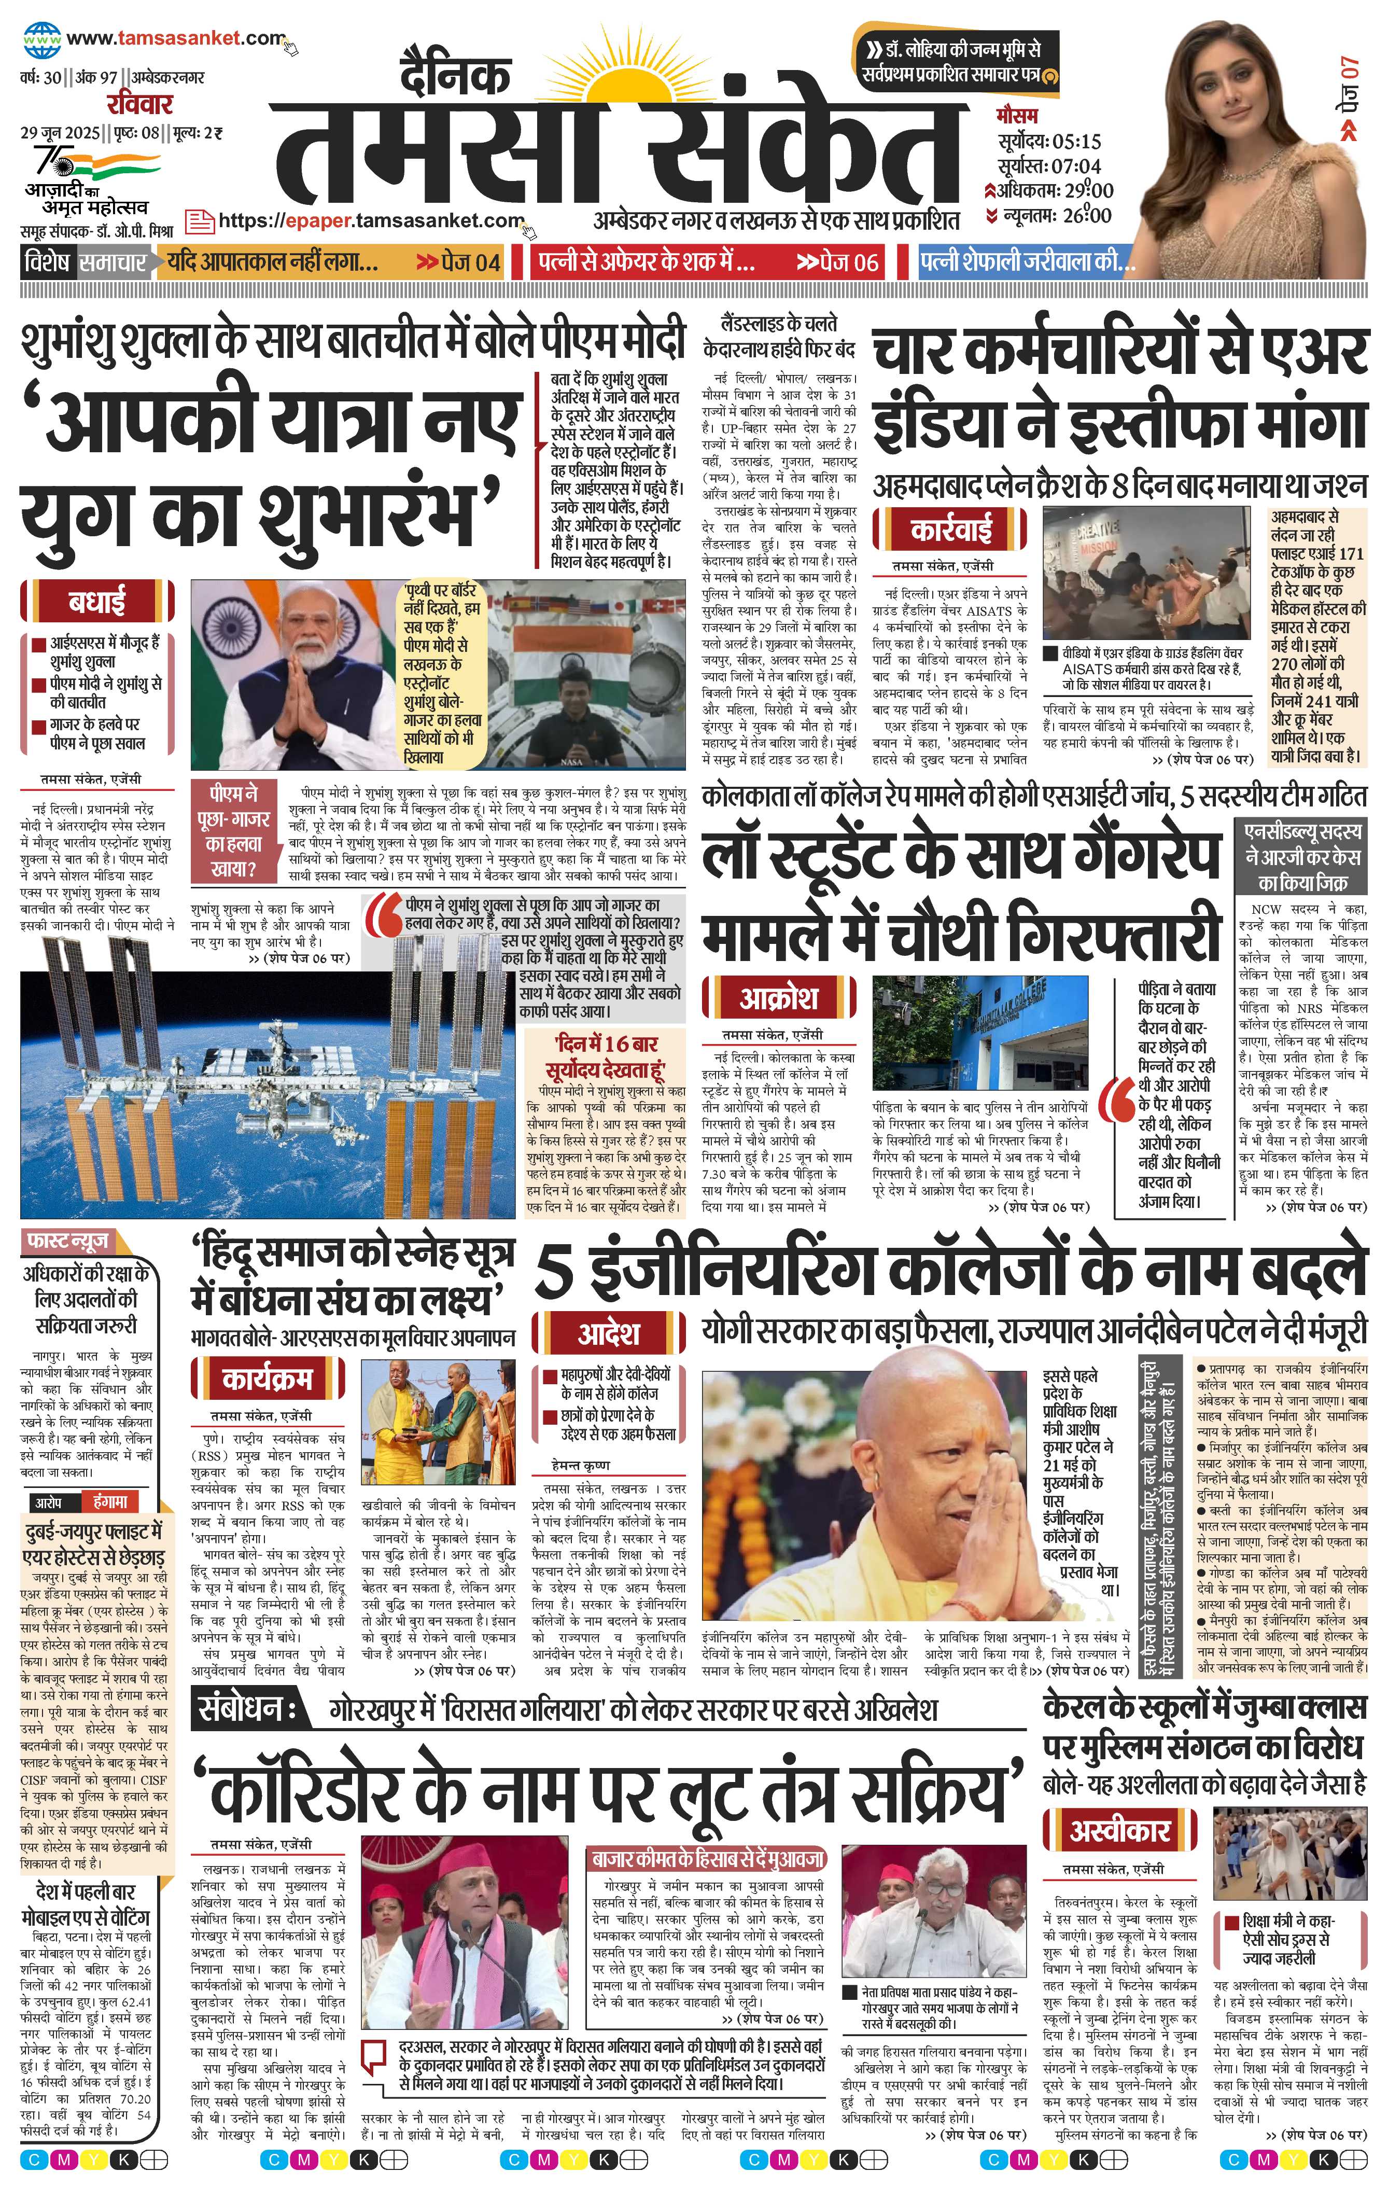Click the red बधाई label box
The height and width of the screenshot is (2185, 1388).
(96, 601)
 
